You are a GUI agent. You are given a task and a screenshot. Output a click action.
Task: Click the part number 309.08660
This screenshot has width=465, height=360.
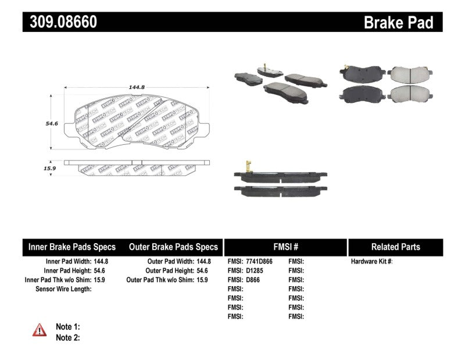click(x=60, y=22)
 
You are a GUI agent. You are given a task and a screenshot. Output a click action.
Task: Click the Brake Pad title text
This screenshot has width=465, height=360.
click(x=398, y=23)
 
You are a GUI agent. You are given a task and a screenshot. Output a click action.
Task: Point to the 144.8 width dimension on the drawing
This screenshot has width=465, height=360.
click(x=137, y=87)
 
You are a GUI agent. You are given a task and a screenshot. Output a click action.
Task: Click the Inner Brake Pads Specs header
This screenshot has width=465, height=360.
click(x=72, y=247)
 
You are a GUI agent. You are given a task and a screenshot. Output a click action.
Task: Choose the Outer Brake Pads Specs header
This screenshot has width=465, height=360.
click(x=173, y=247)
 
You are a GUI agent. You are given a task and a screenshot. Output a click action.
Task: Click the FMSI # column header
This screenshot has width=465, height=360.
click(x=285, y=247)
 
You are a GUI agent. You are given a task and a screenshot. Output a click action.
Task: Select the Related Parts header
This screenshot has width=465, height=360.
click(x=395, y=247)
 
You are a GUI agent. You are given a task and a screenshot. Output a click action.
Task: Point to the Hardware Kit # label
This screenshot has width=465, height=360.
click(x=371, y=262)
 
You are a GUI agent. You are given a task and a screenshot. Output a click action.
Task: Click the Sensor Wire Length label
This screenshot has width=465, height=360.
click(x=63, y=289)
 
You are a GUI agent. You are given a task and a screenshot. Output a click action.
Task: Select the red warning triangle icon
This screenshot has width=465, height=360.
click(x=40, y=330)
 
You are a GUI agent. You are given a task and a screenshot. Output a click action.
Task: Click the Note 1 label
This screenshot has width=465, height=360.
click(x=67, y=327)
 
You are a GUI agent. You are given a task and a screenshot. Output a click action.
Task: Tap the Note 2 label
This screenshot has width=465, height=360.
click(x=67, y=337)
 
